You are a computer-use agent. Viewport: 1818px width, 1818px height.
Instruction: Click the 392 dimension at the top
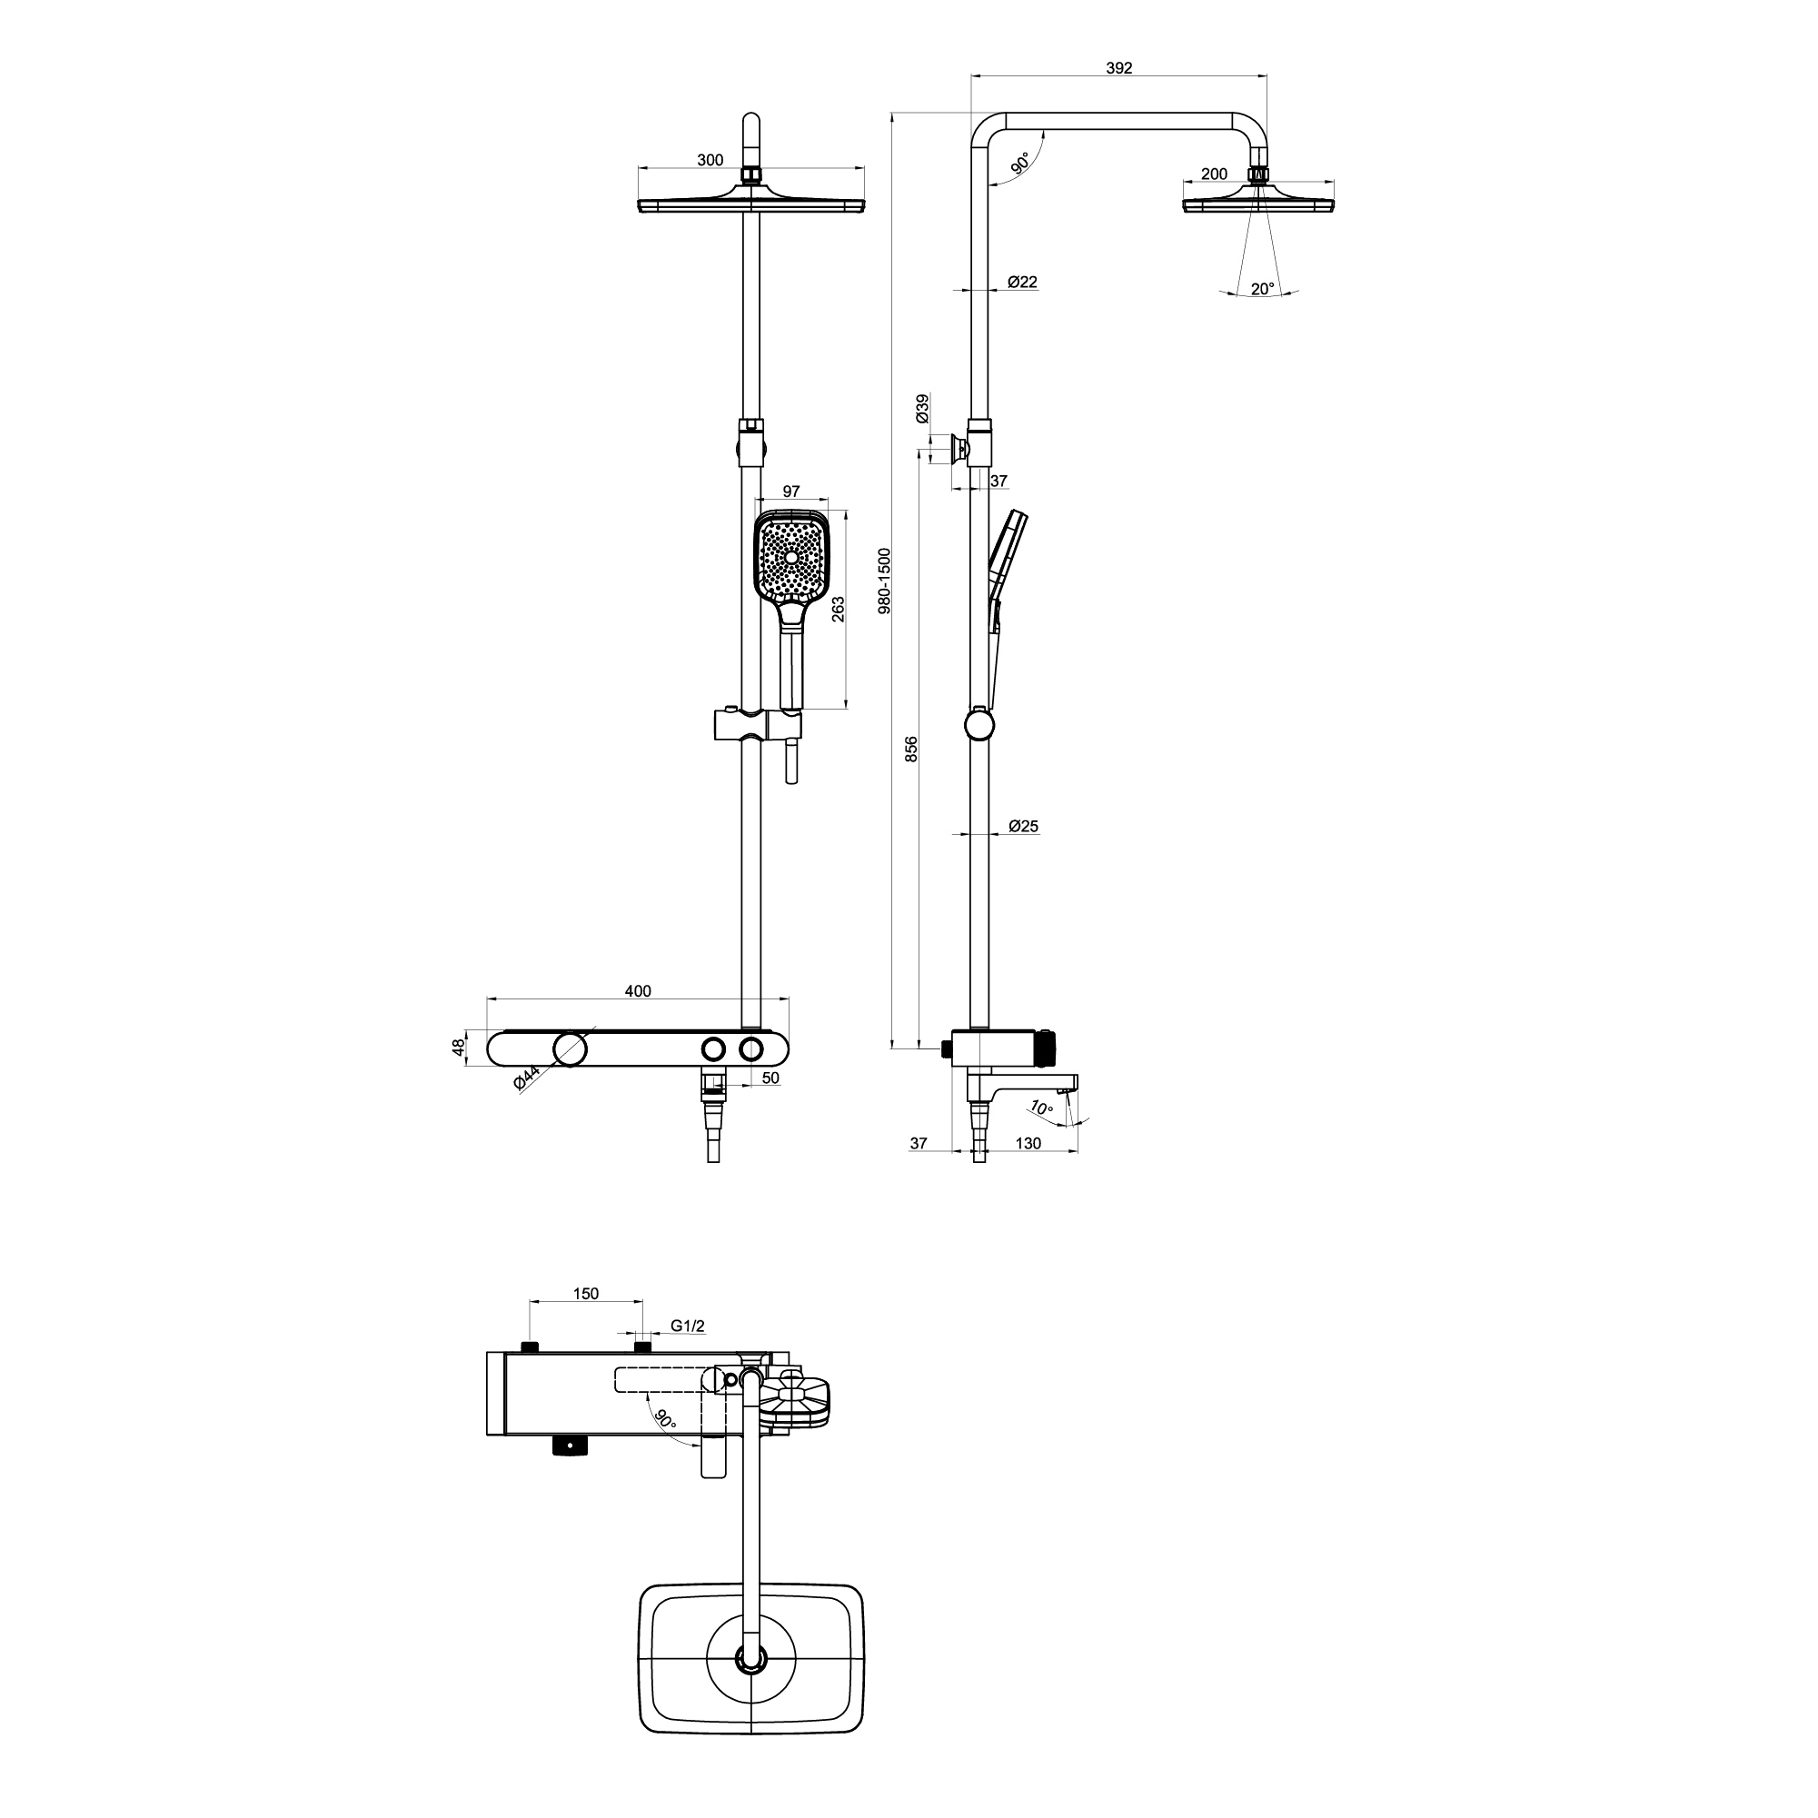coord(1118,68)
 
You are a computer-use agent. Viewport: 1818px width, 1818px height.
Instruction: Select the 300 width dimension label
coord(710,160)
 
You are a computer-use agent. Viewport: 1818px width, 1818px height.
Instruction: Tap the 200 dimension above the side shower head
coord(1215,174)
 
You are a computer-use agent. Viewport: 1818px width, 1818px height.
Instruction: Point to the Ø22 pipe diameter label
coord(1022,282)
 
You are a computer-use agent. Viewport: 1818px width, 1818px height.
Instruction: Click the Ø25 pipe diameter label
coord(1023,826)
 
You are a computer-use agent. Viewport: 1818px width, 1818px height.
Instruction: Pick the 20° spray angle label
coord(1263,289)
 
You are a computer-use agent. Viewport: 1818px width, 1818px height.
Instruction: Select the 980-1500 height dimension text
coord(884,581)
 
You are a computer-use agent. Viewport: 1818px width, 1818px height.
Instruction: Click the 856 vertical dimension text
coord(911,749)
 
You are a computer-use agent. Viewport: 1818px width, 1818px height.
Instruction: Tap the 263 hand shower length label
coord(838,609)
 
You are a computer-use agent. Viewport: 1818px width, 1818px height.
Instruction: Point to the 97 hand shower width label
coord(790,492)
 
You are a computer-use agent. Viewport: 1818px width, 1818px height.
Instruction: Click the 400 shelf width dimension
coord(638,991)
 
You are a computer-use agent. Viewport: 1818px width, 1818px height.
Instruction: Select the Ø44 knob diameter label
coord(526,1078)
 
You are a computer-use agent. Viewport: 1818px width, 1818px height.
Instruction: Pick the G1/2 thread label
coord(687,1326)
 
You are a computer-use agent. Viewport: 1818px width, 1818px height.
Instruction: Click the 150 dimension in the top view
coord(585,1294)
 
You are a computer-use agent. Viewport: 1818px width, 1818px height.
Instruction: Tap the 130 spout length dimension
coord(1028,1143)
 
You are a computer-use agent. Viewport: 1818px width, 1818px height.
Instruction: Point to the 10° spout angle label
coord(1041,1108)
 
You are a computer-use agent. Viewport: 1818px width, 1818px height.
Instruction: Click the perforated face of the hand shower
coord(792,558)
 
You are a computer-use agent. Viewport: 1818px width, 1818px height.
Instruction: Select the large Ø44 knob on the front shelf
coord(571,1048)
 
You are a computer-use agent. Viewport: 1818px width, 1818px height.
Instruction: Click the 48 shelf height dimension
coord(458,1048)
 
